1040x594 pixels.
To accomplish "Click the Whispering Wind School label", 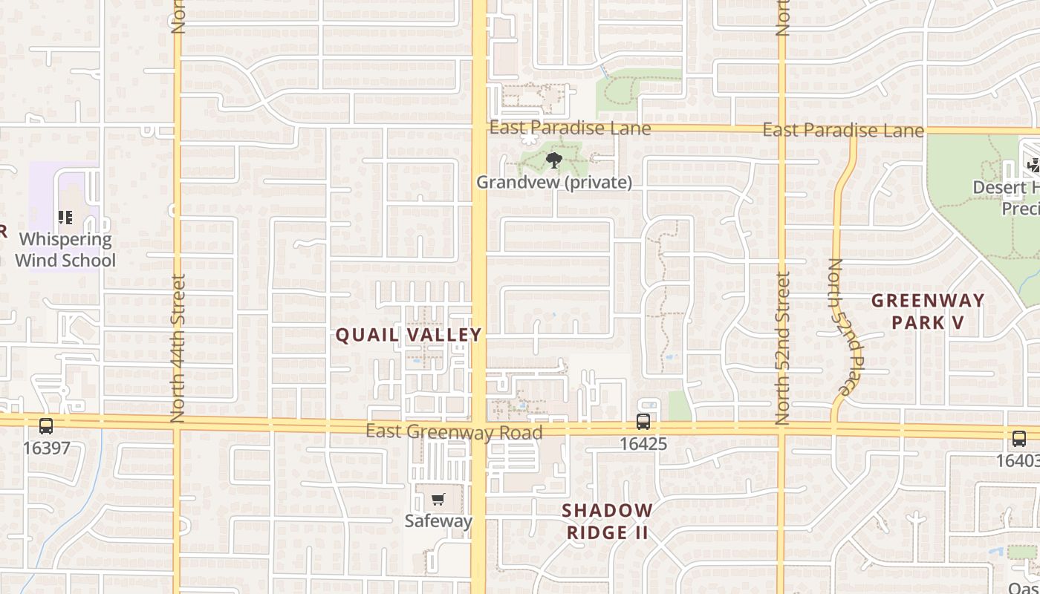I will pyautogui.click(x=65, y=249).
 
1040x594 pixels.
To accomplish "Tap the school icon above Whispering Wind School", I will pyautogui.click(x=65, y=218).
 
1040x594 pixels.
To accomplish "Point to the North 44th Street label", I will pyautogui.click(x=178, y=348).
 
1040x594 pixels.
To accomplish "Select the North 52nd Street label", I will pyautogui.click(x=782, y=347).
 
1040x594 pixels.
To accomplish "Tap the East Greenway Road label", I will pyautogui.click(x=454, y=431).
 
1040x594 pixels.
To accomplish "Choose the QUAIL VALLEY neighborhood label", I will pyautogui.click(x=409, y=335).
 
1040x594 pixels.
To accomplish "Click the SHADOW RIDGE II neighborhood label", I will pyautogui.click(x=607, y=521).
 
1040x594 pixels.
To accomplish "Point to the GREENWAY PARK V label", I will pyautogui.click(x=928, y=311).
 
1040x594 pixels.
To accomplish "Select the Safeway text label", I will pyautogui.click(x=438, y=520).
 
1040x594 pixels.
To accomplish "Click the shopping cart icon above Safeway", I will pyautogui.click(x=438, y=500).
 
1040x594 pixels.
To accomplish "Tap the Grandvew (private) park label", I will pyautogui.click(x=554, y=182).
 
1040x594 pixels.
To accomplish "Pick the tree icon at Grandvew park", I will pyautogui.click(x=553, y=160).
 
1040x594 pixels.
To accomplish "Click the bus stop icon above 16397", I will pyautogui.click(x=46, y=426).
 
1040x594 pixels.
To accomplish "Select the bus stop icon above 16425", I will pyautogui.click(x=643, y=422).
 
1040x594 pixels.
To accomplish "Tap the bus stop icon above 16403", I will pyautogui.click(x=1018, y=438).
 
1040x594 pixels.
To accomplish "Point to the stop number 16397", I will pyautogui.click(x=46, y=448).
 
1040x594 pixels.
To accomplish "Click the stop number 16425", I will pyautogui.click(x=643, y=444).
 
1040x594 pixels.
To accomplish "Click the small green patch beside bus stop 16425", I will pyautogui.click(x=679, y=405).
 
